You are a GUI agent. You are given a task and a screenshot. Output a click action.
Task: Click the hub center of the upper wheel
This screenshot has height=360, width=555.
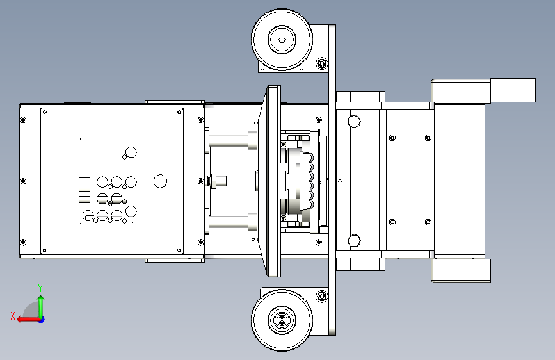coord(282,40)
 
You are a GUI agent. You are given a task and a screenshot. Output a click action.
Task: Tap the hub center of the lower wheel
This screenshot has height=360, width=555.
coord(282,320)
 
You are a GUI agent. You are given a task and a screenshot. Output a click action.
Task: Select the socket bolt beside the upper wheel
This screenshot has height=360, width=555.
coord(322,63)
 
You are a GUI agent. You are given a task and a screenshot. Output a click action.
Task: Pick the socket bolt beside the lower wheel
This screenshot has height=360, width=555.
coord(322,296)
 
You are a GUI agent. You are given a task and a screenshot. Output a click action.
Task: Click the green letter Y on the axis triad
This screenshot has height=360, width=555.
coord(40,288)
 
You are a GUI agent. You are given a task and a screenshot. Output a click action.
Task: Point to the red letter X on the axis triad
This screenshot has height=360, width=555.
coord(13,316)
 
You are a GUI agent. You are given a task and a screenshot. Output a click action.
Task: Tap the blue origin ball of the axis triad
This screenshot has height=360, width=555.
coord(42,320)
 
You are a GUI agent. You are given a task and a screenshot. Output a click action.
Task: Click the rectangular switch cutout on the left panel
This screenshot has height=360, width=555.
coord(84,190)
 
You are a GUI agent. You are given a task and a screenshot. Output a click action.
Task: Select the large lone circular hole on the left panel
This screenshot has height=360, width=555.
coord(160,181)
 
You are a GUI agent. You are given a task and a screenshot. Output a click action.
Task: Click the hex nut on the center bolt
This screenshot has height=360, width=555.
coord(214,181)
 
